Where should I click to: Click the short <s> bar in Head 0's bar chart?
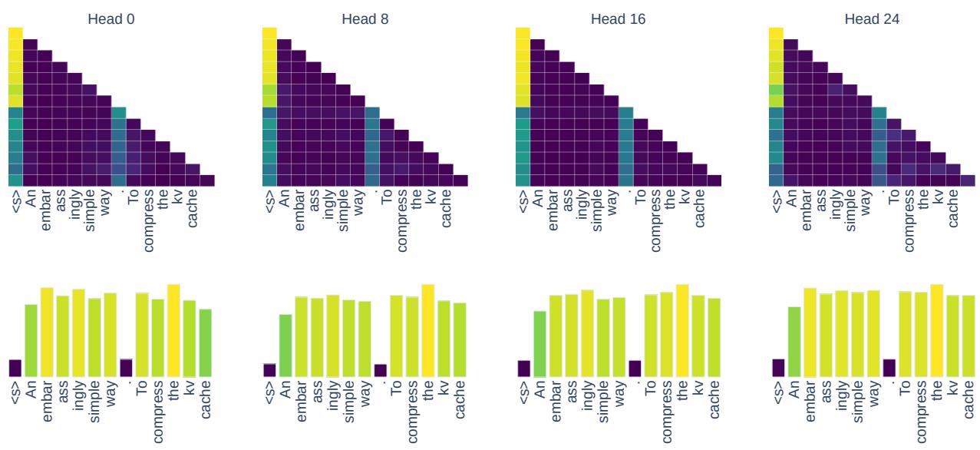(15, 368)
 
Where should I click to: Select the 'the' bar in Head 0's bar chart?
(174, 330)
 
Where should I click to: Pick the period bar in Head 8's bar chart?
(381, 370)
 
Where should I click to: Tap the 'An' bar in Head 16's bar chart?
(539, 343)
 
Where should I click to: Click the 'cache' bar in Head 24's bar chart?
(968, 336)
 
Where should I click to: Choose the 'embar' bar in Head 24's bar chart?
(810, 332)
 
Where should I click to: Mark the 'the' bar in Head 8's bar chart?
(428, 330)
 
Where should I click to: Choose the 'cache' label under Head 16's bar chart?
(714, 402)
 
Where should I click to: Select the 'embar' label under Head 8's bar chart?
(301, 402)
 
